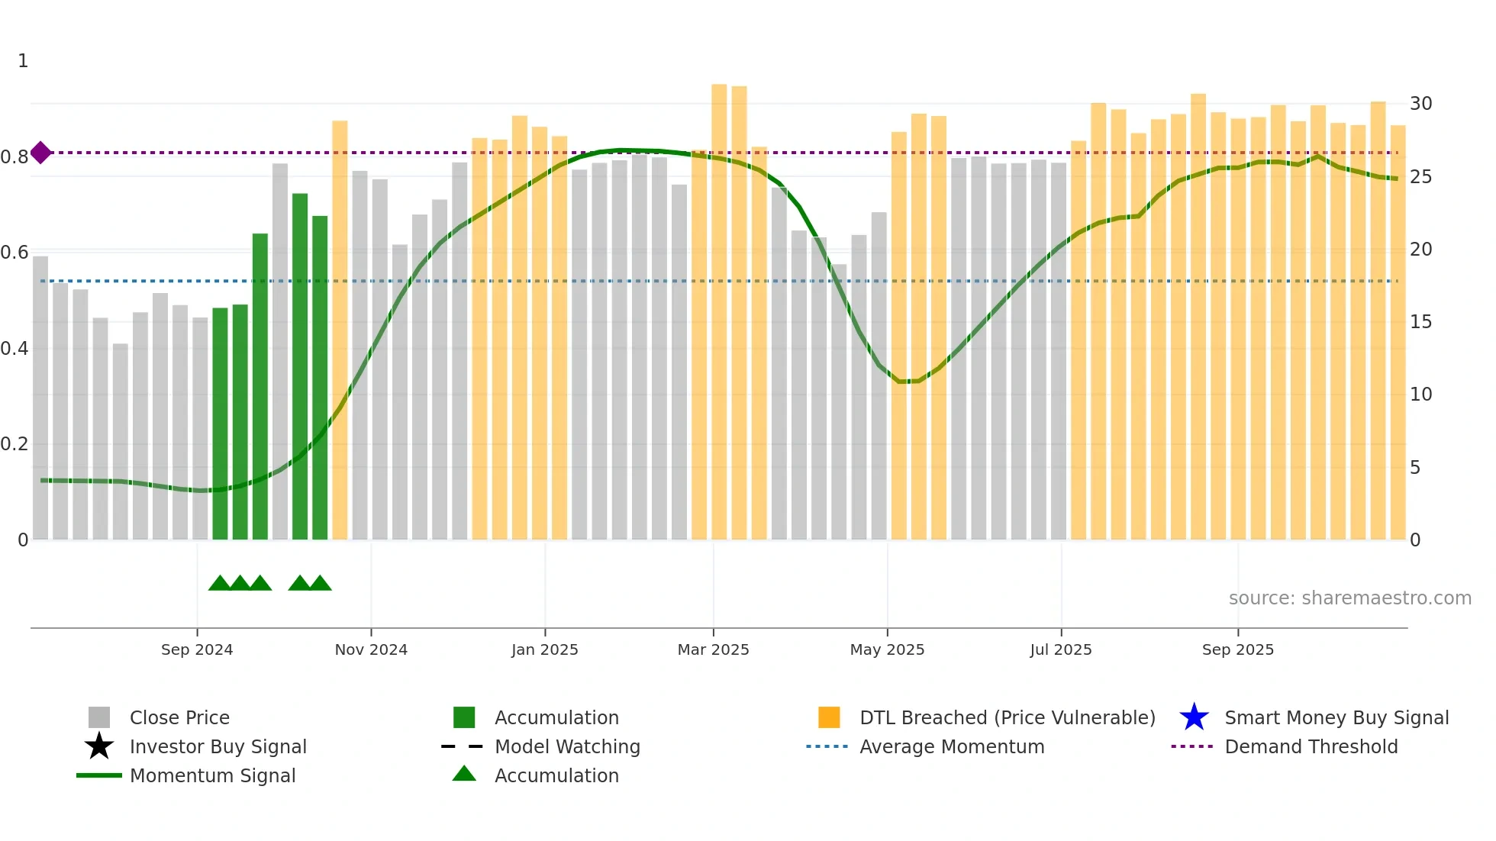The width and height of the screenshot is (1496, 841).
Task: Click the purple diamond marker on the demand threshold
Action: click(x=40, y=153)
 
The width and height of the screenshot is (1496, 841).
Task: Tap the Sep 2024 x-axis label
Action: click(x=197, y=649)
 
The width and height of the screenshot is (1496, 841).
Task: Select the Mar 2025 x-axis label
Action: click(x=713, y=649)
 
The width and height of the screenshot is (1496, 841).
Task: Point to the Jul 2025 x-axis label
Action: click(x=1060, y=649)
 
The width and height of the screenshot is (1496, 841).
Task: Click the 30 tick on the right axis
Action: click(x=1420, y=104)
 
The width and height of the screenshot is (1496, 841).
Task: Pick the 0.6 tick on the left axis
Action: click(x=15, y=253)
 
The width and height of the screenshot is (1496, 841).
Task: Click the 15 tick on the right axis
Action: click(x=1420, y=322)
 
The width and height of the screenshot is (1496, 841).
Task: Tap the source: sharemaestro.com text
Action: click(x=1349, y=598)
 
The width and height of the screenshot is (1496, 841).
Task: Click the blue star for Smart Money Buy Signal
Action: click(x=1194, y=717)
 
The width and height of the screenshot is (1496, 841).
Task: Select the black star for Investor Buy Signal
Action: click(x=99, y=746)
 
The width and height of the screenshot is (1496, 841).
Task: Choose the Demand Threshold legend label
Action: click(x=1311, y=746)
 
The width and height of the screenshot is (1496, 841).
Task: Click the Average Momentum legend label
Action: click(x=951, y=746)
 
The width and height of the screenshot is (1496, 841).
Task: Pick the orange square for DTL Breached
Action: click(x=829, y=717)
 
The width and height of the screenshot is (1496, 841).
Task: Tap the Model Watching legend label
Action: click(x=567, y=746)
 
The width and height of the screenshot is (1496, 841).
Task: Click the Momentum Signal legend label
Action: click(x=212, y=775)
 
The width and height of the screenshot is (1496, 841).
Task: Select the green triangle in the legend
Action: click(x=464, y=775)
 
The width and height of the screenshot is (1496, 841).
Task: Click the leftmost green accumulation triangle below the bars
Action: click(x=220, y=584)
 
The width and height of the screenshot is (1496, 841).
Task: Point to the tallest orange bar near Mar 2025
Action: click(x=719, y=305)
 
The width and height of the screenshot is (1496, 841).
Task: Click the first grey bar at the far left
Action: click(x=40, y=397)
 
